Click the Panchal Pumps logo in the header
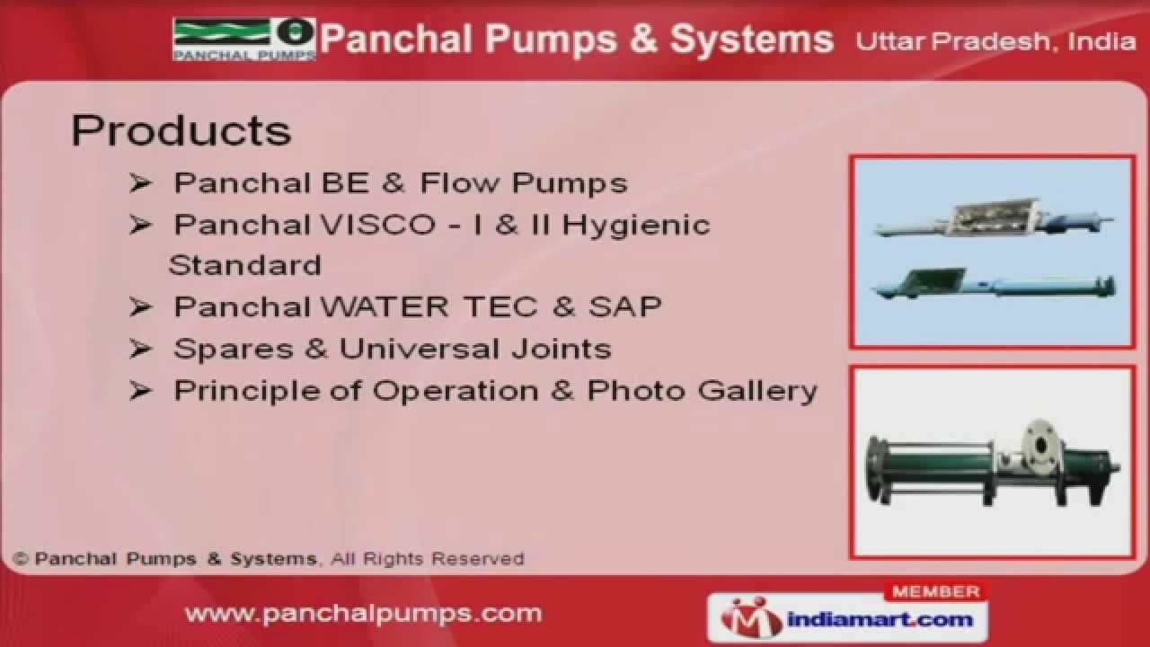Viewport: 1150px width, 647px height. pos(243,40)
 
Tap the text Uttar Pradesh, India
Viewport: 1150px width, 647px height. pos(995,41)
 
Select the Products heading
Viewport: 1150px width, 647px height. pos(181,131)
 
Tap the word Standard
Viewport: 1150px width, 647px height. pos(244,266)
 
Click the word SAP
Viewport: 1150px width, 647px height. pos(625,307)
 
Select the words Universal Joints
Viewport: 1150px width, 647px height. pos(475,349)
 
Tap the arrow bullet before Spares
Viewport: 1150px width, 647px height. pos(140,349)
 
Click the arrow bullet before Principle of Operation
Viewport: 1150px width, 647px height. pos(140,391)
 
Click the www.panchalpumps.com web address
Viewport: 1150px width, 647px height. pos(363,614)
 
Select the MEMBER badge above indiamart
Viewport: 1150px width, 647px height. pos(936,592)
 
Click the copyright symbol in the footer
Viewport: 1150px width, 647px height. pos(21,559)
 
